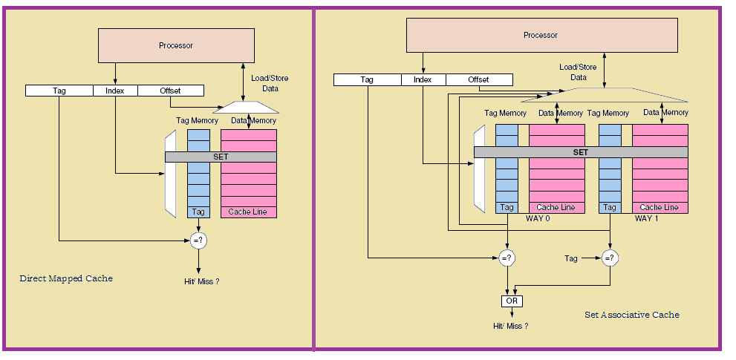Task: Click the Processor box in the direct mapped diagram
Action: [x=175, y=46]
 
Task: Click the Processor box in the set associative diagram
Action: [x=541, y=35]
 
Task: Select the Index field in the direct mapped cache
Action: [x=115, y=91]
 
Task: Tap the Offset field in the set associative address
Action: [x=478, y=79]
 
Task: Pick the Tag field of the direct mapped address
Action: [x=59, y=91]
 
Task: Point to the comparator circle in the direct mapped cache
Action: [x=198, y=240]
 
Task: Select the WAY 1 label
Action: [x=647, y=218]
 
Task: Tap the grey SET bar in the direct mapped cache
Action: [x=221, y=157]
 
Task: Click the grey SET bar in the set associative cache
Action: [x=580, y=151]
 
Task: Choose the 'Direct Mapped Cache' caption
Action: [x=66, y=278]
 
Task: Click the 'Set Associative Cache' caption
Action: [x=631, y=315]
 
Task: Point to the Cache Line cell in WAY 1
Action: [x=660, y=208]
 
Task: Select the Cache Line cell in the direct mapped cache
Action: [x=248, y=212]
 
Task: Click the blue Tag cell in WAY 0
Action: [x=507, y=208]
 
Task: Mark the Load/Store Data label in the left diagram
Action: [x=270, y=83]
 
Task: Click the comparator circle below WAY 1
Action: [x=610, y=258]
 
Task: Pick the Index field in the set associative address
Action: [x=423, y=79]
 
